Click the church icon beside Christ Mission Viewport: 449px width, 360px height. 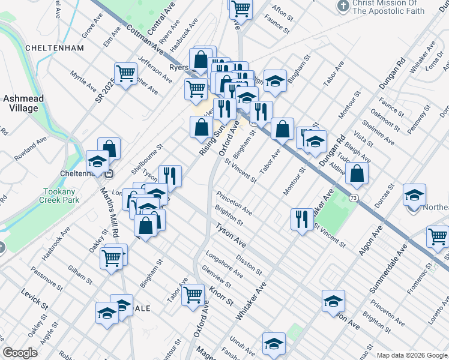tap(343, 7)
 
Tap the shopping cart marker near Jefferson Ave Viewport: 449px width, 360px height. tap(125, 74)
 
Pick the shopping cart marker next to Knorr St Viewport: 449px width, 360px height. tap(193, 295)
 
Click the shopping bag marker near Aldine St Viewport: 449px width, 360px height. tap(357, 173)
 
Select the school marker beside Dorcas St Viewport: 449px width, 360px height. tap(414, 195)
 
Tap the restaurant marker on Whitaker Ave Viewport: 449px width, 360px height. tap(301, 219)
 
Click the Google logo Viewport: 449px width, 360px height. tap(20, 352)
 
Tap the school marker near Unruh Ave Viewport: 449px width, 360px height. tap(274, 344)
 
